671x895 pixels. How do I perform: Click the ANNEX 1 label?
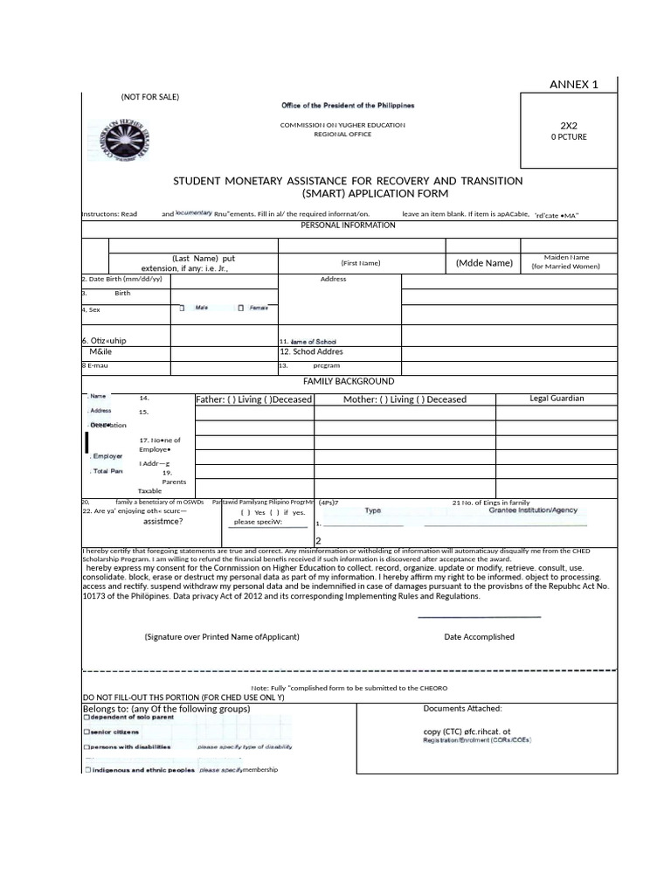[x=573, y=85]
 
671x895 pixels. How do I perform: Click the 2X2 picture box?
[x=568, y=131]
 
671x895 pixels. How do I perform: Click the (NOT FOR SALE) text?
[x=150, y=97]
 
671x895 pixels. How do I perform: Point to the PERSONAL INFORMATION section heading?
[x=348, y=225]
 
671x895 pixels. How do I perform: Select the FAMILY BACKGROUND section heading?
[x=348, y=381]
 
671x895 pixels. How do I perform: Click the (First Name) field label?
[x=361, y=262]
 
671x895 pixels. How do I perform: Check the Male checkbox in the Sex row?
[x=182, y=309]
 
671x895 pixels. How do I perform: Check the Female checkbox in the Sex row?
[x=240, y=309]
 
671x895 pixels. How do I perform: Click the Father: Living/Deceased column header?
[x=253, y=399]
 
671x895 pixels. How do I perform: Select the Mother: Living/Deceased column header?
[x=405, y=399]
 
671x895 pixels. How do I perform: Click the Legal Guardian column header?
[x=557, y=399]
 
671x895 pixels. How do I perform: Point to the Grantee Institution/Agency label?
[x=532, y=510]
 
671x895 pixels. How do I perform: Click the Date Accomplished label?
[x=479, y=636]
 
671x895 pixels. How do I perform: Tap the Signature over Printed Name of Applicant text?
[x=222, y=636]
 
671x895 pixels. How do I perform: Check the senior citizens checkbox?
[x=86, y=732]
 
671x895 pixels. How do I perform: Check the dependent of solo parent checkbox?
[x=86, y=718]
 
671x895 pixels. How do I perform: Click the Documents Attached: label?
[x=462, y=708]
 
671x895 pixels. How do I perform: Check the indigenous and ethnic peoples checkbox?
[x=86, y=770]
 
